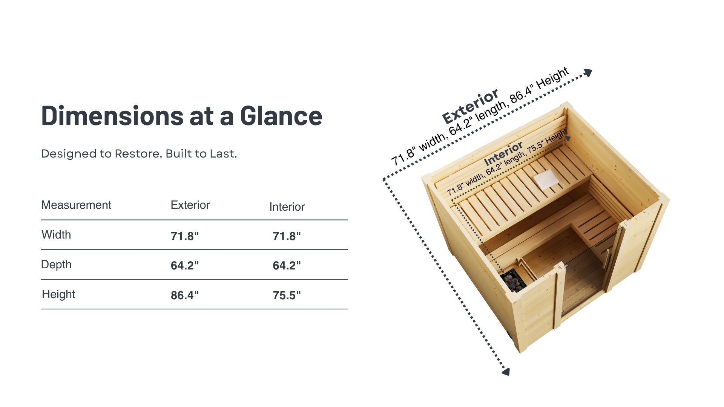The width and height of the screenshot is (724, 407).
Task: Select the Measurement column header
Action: [x=76, y=205]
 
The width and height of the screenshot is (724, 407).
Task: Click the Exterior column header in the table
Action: [x=190, y=205]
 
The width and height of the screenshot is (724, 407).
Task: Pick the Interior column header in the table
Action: [x=287, y=207]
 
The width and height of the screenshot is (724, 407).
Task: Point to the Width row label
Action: [x=56, y=235]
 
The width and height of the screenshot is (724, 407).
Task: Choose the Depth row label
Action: [x=56, y=265]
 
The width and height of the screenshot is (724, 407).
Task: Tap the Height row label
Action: [x=58, y=294]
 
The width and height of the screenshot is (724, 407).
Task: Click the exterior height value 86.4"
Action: [x=185, y=295]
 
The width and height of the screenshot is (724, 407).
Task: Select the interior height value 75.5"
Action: [x=287, y=295]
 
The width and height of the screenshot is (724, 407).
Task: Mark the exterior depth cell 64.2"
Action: [x=185, y=266]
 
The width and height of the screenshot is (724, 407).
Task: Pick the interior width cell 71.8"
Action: [x=287, y=236]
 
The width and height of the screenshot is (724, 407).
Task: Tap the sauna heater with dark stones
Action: [x=514, y=281]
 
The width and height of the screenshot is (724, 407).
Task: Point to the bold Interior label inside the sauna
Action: [x=503, y=153]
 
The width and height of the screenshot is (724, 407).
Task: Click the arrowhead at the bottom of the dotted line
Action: [x=506, y=372]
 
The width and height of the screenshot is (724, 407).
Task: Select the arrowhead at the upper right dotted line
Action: [x=588, y=73]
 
